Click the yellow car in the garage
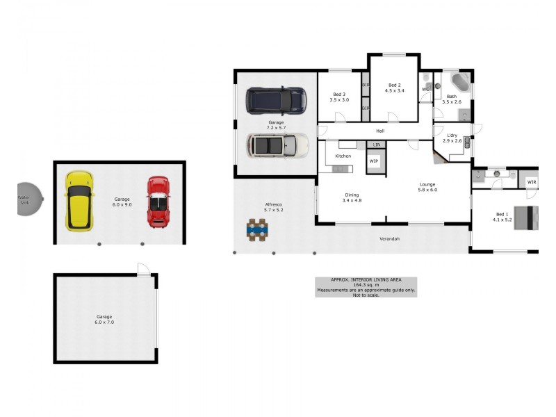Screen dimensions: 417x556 point(79,202)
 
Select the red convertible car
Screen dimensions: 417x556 point(158,202)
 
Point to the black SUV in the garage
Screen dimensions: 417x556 point(276,100)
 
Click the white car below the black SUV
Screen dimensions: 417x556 point(277,145)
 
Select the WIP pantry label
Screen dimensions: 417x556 point(373,161)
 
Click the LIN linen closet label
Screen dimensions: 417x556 point(376,145)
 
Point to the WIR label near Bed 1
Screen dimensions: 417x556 point(532,182)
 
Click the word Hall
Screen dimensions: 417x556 point(380,131)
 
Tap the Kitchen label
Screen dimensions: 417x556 point(343,156)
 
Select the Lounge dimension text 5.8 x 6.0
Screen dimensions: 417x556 point(427,190)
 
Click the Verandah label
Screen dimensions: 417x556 point(389,239)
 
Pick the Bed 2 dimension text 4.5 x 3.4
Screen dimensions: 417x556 point(395,90)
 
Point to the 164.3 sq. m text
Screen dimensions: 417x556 point(366,284)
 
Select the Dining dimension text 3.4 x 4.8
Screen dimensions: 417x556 point(353,200)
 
